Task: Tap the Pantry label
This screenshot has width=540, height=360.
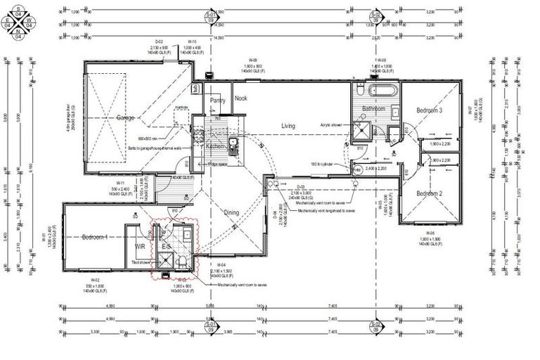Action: pos(217,101)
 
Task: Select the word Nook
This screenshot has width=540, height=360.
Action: pos(241,98)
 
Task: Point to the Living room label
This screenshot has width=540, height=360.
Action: pos(288,126)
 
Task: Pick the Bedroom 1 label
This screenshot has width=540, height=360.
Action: pos(94,236)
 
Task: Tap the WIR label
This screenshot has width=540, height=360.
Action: pos(141,246)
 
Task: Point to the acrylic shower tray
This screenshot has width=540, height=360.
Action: pos(363,128)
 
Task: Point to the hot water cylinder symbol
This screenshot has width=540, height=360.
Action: pos(356,170)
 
